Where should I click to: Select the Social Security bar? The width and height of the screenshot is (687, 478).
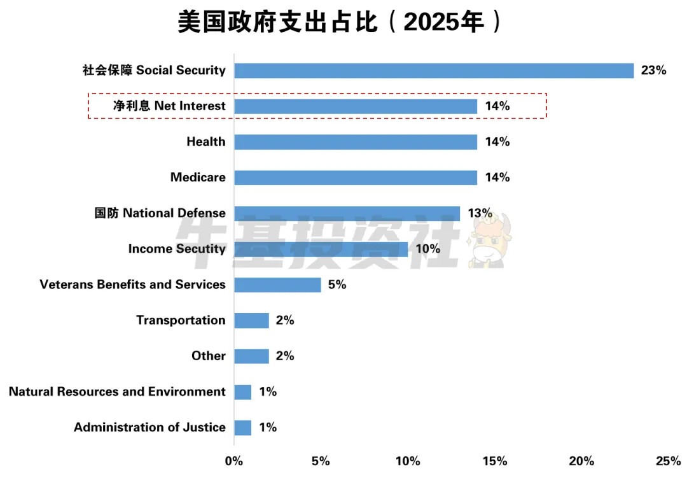coord(434,71)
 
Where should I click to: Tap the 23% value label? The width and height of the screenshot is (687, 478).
coord(653,71)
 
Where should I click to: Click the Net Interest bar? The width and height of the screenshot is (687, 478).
coord(356,106)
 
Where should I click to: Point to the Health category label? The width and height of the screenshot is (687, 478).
coord(205,142)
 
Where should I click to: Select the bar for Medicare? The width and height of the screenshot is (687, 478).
coord(356,178)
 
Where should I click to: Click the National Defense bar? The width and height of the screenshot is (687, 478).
coord(347,213)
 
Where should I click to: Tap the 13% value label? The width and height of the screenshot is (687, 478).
coord(480,213)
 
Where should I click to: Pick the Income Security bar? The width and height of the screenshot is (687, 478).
coord(321,249)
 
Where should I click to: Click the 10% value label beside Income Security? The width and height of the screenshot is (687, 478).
coord(427,249)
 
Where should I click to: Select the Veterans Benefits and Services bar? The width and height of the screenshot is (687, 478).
coord(277,285)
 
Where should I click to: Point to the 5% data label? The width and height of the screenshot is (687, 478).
coord(337,285)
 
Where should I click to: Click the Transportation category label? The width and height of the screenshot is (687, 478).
coord(181,320)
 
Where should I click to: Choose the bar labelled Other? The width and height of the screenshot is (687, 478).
coord(251,356)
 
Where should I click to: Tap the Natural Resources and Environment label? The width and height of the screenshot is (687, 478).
coord(117,391)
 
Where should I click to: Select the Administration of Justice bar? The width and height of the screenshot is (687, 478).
coord(242,427)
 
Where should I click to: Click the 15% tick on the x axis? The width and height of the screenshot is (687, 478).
coord(494,461)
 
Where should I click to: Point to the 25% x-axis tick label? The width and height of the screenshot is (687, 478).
coord(668,461)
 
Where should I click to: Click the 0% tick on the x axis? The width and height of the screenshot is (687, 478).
coord(234,461)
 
